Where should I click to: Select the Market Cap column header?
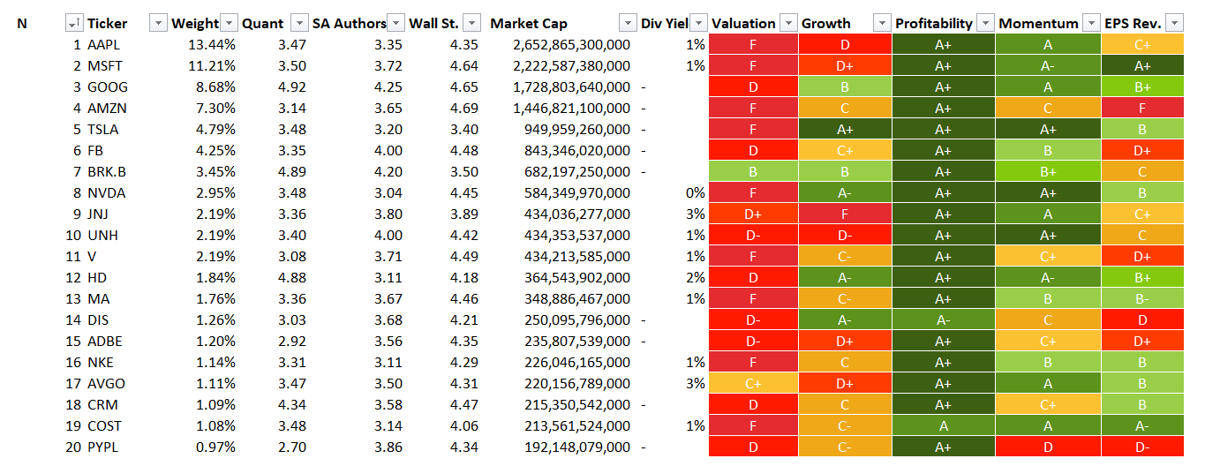[529, 24]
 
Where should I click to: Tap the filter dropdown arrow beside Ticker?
[159, 24]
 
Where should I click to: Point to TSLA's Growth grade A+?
[845, 129]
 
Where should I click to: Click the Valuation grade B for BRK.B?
[753, 171]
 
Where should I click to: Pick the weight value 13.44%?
[212, 44]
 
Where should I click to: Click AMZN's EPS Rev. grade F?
[1141, 108]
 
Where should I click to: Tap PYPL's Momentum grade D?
[1048, 447]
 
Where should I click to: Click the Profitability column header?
[934, 24]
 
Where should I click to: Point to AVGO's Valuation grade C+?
[753, 383]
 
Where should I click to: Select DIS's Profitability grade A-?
[943, 319]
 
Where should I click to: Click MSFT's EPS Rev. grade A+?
[1141, 65]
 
